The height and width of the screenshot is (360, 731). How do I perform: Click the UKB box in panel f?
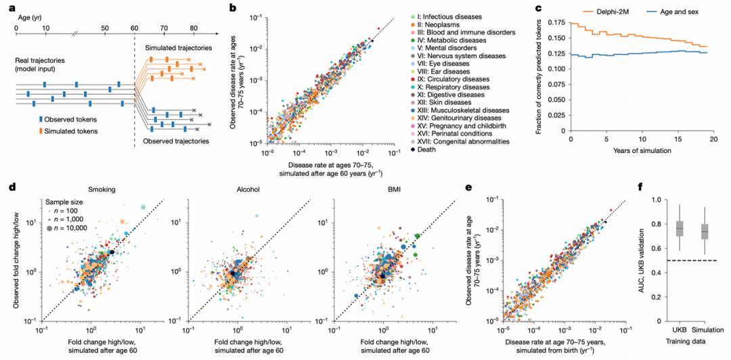(x=680, y=229)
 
